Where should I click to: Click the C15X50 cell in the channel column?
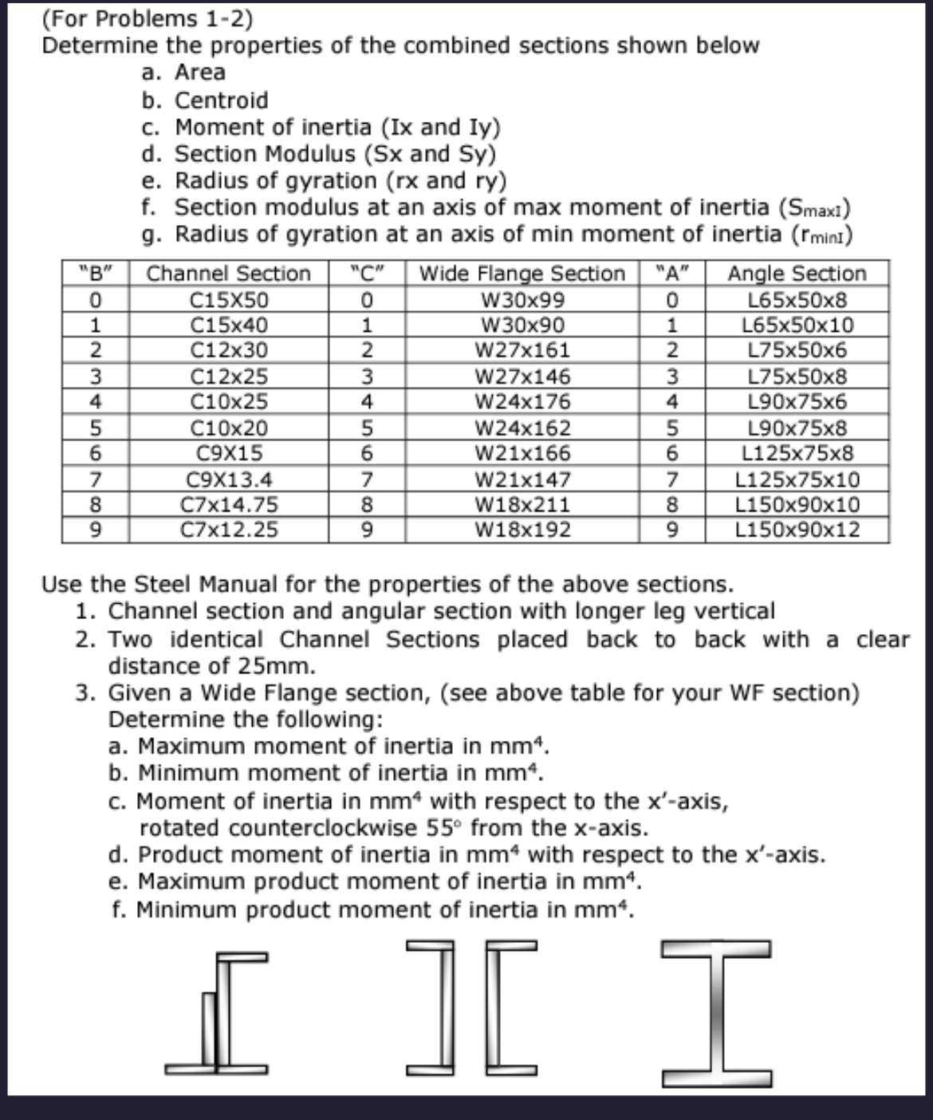(x=229, y=301)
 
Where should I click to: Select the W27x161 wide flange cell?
(x=522, y=350)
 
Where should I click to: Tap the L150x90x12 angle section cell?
(x=797, y=530)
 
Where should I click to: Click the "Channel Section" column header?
(x=229, y=274)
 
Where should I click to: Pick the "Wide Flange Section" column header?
(x=522, y=274)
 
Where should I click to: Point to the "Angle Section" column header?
(x=797, y=274)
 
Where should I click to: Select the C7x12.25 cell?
(x=229, y=530)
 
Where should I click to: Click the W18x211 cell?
(x=522, y=505)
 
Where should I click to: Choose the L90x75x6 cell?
(x=797, y=401)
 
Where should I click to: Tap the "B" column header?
(x=96, y=274)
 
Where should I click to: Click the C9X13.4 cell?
(x=229, y=479)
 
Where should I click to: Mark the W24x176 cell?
(x=522, y=401)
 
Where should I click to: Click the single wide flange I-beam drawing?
(x=716, y=1013)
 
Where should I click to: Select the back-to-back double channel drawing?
(x=470, y=1009)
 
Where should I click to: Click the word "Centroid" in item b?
(x=221, y=101)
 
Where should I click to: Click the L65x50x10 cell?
(x=797, y=325)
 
